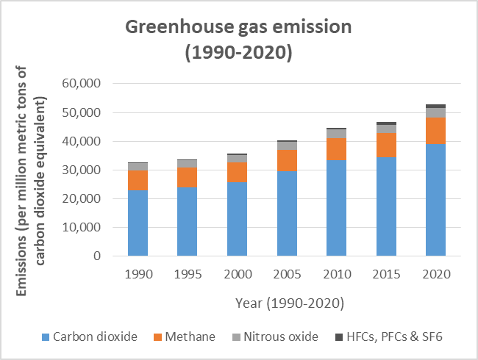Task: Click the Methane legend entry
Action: [x=190, y=336]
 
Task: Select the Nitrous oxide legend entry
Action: [x=282, y=336]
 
